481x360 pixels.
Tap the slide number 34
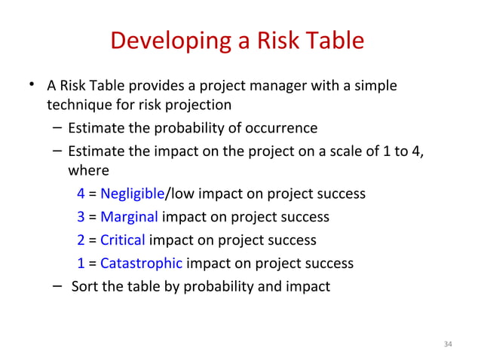coord(448,344)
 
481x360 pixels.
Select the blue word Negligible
coord(132,194)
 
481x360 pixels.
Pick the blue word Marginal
coord(129,217)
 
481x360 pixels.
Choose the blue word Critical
coord(123,240)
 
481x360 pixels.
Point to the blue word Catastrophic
coord(141,264)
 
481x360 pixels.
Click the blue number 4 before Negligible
coord(81,194)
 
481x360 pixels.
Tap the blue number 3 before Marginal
coord(81,217)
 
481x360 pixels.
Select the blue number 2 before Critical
coord(81,240)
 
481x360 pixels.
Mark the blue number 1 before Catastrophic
coord(81,264)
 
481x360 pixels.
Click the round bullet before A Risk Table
coord(31,84)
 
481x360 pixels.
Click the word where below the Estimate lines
coord(88,170)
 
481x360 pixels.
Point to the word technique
coord(78,105)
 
